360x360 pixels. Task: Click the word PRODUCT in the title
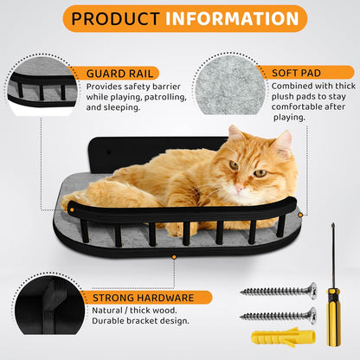tap(116, 18)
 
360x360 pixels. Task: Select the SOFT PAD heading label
tap(298, 73)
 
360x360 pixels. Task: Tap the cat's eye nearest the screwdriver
tap(257, 172)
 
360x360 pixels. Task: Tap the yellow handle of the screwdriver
tap(331, 311)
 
